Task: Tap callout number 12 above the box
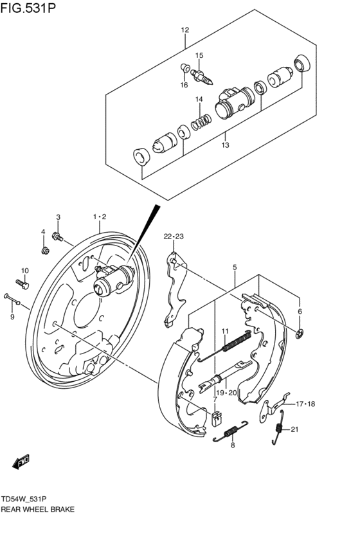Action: click(x=185, y=30)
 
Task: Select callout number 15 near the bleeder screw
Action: click(x=199, y=55)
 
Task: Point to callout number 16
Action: click(x=184, y=85)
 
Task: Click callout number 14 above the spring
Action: click(x=199, y=100)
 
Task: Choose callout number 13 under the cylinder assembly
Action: click(x=225, y=145)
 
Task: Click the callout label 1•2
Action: click(x=99, y=217)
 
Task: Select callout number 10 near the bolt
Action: click(x=25, y=270)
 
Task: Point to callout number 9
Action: click(x=12, y=316)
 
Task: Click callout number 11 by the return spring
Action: click(x=225, y=331)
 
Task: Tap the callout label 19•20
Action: click(x=227, y=392)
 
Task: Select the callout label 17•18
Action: click(x=305, y=404)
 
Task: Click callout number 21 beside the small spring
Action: click(x=295, y=429)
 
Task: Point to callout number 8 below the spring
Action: click(x=233, y=445)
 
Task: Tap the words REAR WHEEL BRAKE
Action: click(x=38, y=509)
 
